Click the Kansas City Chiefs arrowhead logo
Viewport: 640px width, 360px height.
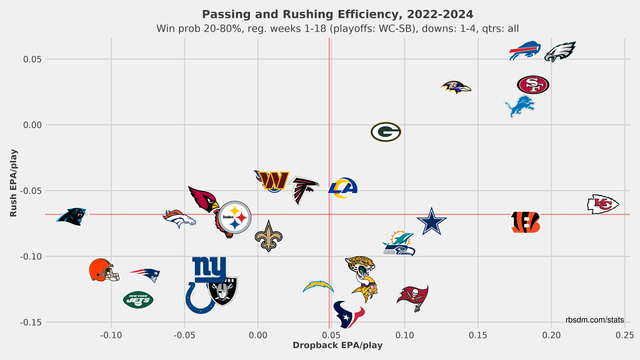coord(603,204)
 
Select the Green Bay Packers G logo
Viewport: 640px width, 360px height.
coord(385,132)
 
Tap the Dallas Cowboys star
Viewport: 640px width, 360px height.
coord(431,221)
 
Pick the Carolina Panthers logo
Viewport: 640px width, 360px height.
coord(71,216)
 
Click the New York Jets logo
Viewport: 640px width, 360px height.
coord(138,299)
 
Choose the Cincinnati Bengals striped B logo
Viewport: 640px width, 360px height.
coord(525,222)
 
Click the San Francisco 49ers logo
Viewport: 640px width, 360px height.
coord(533,84)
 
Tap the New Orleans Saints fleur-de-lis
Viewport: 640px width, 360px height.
coord(268,236)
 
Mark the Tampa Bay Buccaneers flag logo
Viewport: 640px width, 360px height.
coord(413,296)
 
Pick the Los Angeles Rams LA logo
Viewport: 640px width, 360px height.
coord(343,188)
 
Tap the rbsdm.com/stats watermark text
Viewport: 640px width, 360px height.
coord(594,319)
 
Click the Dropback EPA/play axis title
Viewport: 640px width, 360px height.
coord(337,345)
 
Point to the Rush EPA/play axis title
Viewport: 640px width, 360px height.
coord(13,182)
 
